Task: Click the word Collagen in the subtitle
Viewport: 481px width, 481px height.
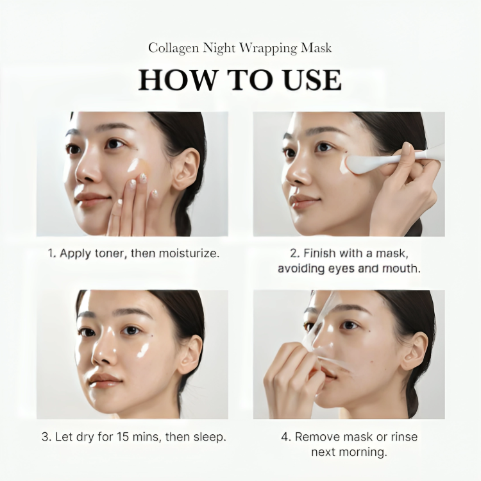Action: [x=172, y=48]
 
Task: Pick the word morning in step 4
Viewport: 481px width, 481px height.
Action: [x=365, y=452]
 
